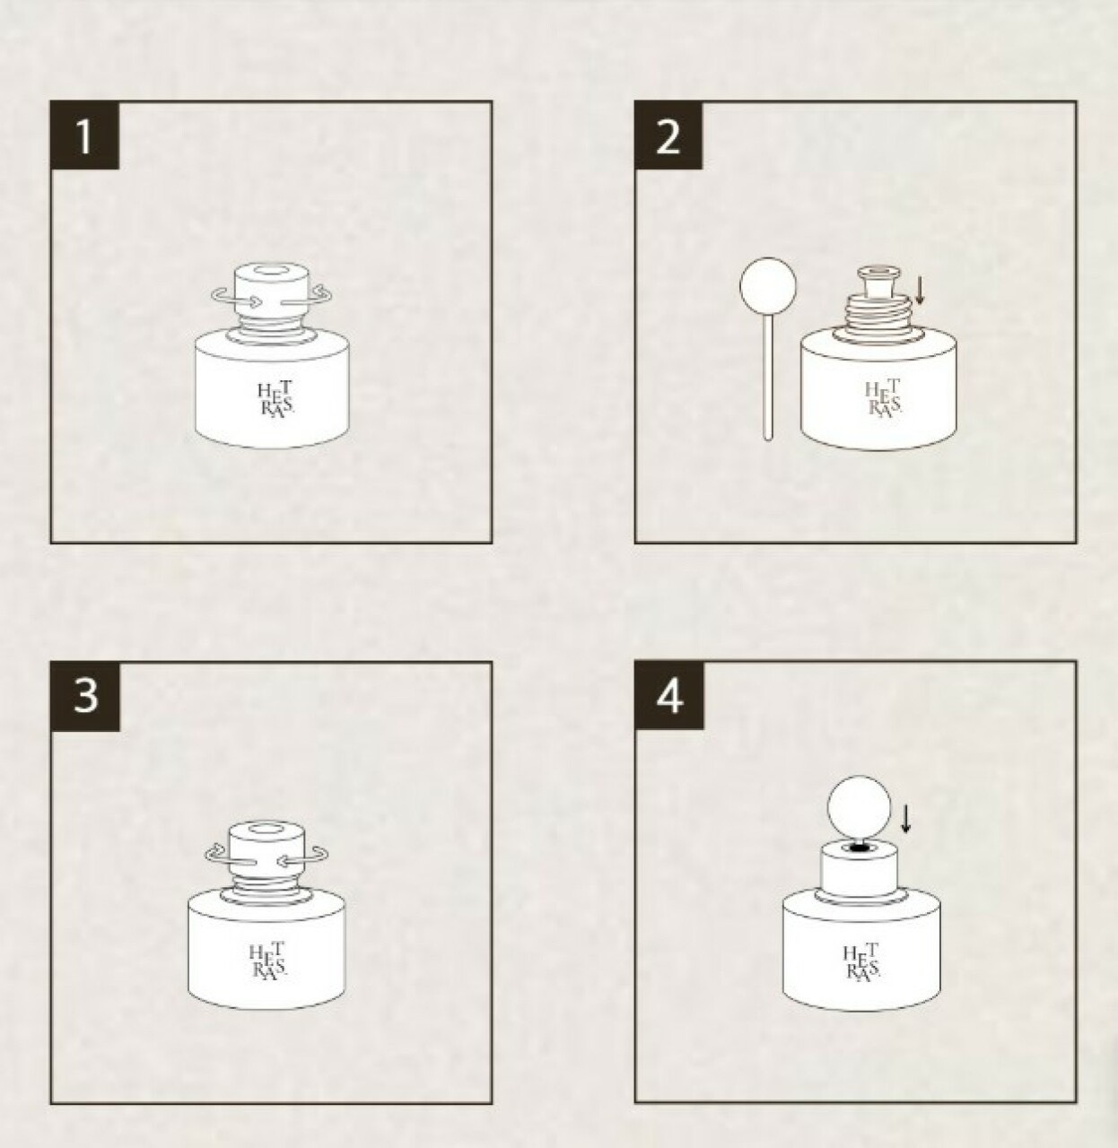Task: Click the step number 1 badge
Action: coord(85,135)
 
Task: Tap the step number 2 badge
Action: coord(668,135)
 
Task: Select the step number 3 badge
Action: coord(85,697)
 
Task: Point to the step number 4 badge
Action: coord(669,697)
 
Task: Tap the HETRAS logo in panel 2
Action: coord(883,398)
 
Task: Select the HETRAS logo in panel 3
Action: coord(267,961)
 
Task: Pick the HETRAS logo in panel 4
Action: coord(861,962)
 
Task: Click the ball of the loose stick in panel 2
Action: coord(768,285)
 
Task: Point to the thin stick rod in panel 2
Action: coord(768,377)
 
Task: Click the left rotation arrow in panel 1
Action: coord(236,298)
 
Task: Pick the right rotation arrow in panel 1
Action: coord(307,297)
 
